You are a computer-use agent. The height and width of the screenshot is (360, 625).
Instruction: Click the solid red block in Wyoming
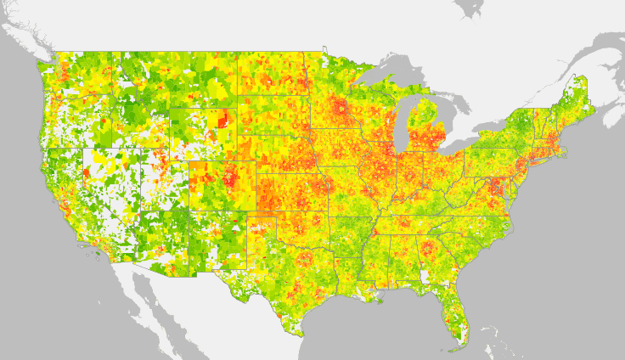point(223,120)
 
